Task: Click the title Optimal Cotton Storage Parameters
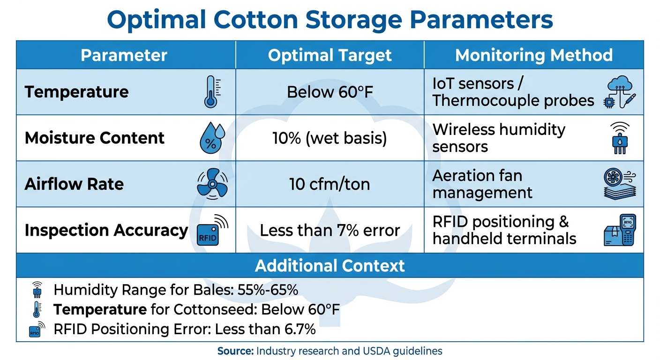click(330, 20)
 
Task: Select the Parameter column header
click(124, 55)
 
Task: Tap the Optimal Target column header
click(330, 55)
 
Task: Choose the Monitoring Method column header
click(533, 55)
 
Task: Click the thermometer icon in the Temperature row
click(211, 92)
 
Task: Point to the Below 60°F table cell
click(330, 92)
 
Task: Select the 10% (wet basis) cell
click(330, 138)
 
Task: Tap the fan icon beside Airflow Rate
click(212, 184)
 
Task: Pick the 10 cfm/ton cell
click(330, 184)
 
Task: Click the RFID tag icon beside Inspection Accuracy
click(212, 230)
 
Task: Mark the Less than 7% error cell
click(330, 230)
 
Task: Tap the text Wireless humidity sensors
click(499, 138)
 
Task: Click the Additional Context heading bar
click(330, 266)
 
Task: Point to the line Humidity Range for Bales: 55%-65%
click(176, 290)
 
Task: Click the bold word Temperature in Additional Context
click(100, 310)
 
